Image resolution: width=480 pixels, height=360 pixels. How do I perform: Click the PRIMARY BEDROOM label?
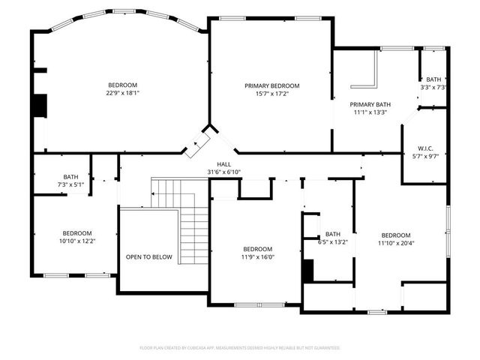[271, 85]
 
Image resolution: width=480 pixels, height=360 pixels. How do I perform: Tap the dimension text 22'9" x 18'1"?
[122, 93]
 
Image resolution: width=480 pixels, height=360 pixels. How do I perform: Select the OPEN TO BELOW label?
[148, 257]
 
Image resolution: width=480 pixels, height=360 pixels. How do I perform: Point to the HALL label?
[223, 163]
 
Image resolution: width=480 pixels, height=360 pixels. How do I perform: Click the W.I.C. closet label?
[418, 148]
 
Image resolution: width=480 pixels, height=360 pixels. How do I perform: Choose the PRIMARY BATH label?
[370, 104]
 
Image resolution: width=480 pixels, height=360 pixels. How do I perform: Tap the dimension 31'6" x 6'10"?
[223, 172]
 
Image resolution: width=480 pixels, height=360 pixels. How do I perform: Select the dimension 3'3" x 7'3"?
[434, 87]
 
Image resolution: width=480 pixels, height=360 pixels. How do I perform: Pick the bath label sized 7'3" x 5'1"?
[70, 177]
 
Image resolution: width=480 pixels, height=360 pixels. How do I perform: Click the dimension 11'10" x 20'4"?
[395, 243]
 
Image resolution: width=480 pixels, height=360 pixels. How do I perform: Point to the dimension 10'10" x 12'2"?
[77, 241]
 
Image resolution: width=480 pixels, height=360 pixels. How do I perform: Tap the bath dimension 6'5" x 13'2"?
[333, 241]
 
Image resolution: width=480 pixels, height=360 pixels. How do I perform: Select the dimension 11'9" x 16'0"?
[257, 257]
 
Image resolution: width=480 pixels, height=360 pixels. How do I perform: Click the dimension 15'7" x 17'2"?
[271, 94]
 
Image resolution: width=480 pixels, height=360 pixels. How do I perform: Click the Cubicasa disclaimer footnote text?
[240, 348]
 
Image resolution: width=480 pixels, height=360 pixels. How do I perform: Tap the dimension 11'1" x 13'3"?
[370, 112]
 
